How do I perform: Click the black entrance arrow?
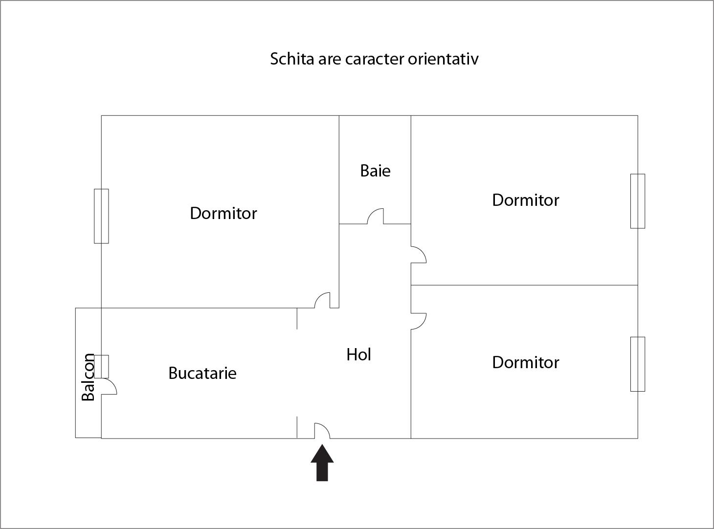(322, 463)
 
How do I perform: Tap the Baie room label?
(376, 171)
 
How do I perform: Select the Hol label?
(358, 354)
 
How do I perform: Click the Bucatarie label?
(202, 373)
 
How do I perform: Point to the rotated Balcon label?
(88, 377)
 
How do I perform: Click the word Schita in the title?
(292, 59)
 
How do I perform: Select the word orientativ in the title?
(443, 59)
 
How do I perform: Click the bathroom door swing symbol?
(376, 216)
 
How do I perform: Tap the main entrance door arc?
(322, 431)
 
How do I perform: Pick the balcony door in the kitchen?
(109, 386)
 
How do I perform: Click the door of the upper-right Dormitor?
(419, 255)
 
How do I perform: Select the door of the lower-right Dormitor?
(419, 321)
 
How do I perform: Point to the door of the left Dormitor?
(322, 300)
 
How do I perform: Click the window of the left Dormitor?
(101, 216)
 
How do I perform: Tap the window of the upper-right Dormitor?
(638, 201)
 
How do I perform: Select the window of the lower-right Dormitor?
(638, 364)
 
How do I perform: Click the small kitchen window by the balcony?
(101, 366)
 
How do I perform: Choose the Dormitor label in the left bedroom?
(223, 213)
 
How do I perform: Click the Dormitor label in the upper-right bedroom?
(526, 200)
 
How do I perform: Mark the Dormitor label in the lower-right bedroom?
(526, 362)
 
